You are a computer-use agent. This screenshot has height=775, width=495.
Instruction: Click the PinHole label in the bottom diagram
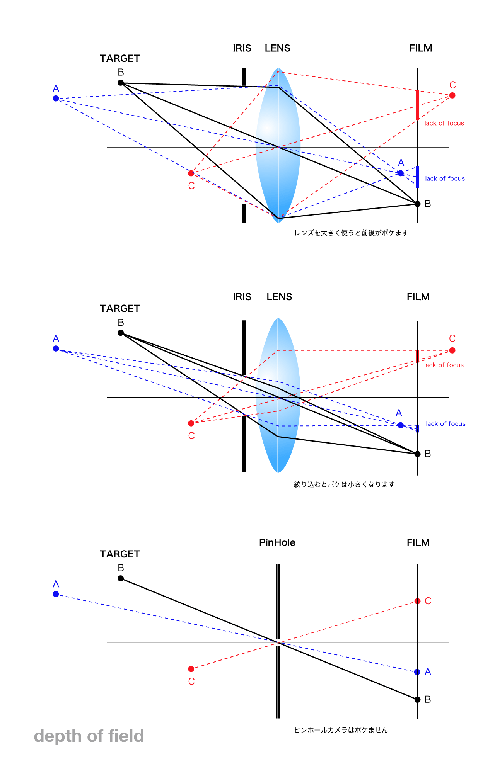click(x=277, y=542)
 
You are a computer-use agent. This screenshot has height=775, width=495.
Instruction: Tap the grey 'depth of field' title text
click(x=89, y=736)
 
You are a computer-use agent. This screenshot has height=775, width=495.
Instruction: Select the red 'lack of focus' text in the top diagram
click(x=444, y=123)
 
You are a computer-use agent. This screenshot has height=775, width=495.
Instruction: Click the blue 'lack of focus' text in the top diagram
click(x=445, y=178)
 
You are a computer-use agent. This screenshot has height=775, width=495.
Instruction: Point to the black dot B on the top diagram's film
click(x=417, y=204)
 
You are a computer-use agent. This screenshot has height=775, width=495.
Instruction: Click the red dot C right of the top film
click(x=452, y=95)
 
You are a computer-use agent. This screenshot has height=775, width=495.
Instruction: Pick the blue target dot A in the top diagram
click(x=56, y=99)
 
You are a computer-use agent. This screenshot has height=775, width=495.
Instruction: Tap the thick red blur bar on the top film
click(x=417, y=105)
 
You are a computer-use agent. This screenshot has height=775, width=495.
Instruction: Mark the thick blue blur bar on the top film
click(x=417, y=177)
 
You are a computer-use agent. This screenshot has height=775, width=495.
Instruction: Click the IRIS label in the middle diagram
click(x=242, y=297)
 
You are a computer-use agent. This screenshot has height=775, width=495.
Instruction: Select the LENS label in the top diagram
click(x=277, y=48)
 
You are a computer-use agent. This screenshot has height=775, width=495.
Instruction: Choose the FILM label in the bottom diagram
click(x=418, y=542)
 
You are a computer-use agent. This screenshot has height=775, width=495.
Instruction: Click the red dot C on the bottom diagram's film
click(x=417, y=601)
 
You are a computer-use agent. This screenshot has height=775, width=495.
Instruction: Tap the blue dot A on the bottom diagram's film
click(x=417, y=672)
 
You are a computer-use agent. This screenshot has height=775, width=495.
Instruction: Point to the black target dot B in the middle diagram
click(x=121, y=333)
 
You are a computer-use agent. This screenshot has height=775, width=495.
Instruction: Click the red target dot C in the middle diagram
click(x=191, y=423)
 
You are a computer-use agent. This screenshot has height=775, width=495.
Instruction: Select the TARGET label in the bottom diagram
click(x=119, y=554)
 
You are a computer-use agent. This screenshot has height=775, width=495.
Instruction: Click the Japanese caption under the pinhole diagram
click(x=341, y=730)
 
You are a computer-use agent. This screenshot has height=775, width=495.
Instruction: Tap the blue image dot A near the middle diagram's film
click(x=400, y=425)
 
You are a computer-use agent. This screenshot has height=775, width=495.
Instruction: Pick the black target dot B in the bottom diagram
click(x=121, y=578)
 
